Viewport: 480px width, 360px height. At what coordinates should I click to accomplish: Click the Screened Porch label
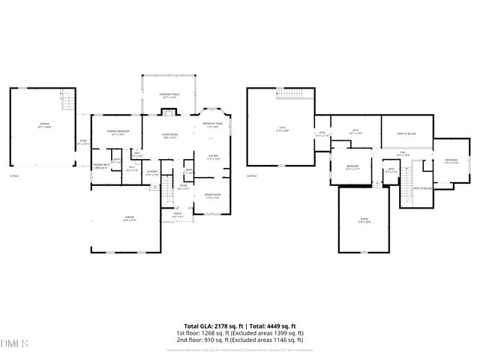point(168,95)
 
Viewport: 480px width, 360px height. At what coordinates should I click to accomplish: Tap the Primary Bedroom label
point(118,132)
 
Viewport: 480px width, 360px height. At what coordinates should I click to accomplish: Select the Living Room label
point(169,136)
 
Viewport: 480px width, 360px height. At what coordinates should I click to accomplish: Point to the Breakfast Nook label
point(213,125)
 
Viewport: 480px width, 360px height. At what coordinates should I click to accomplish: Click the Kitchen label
point(213,157)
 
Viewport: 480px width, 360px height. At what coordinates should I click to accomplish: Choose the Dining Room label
point(212,196)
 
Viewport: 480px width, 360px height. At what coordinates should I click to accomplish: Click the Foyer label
point(183,188)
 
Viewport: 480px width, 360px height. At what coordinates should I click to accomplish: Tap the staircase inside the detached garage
point(67,97)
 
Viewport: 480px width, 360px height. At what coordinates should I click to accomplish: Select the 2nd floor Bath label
point(391,170)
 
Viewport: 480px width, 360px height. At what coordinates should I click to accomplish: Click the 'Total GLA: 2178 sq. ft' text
point(214,326)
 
